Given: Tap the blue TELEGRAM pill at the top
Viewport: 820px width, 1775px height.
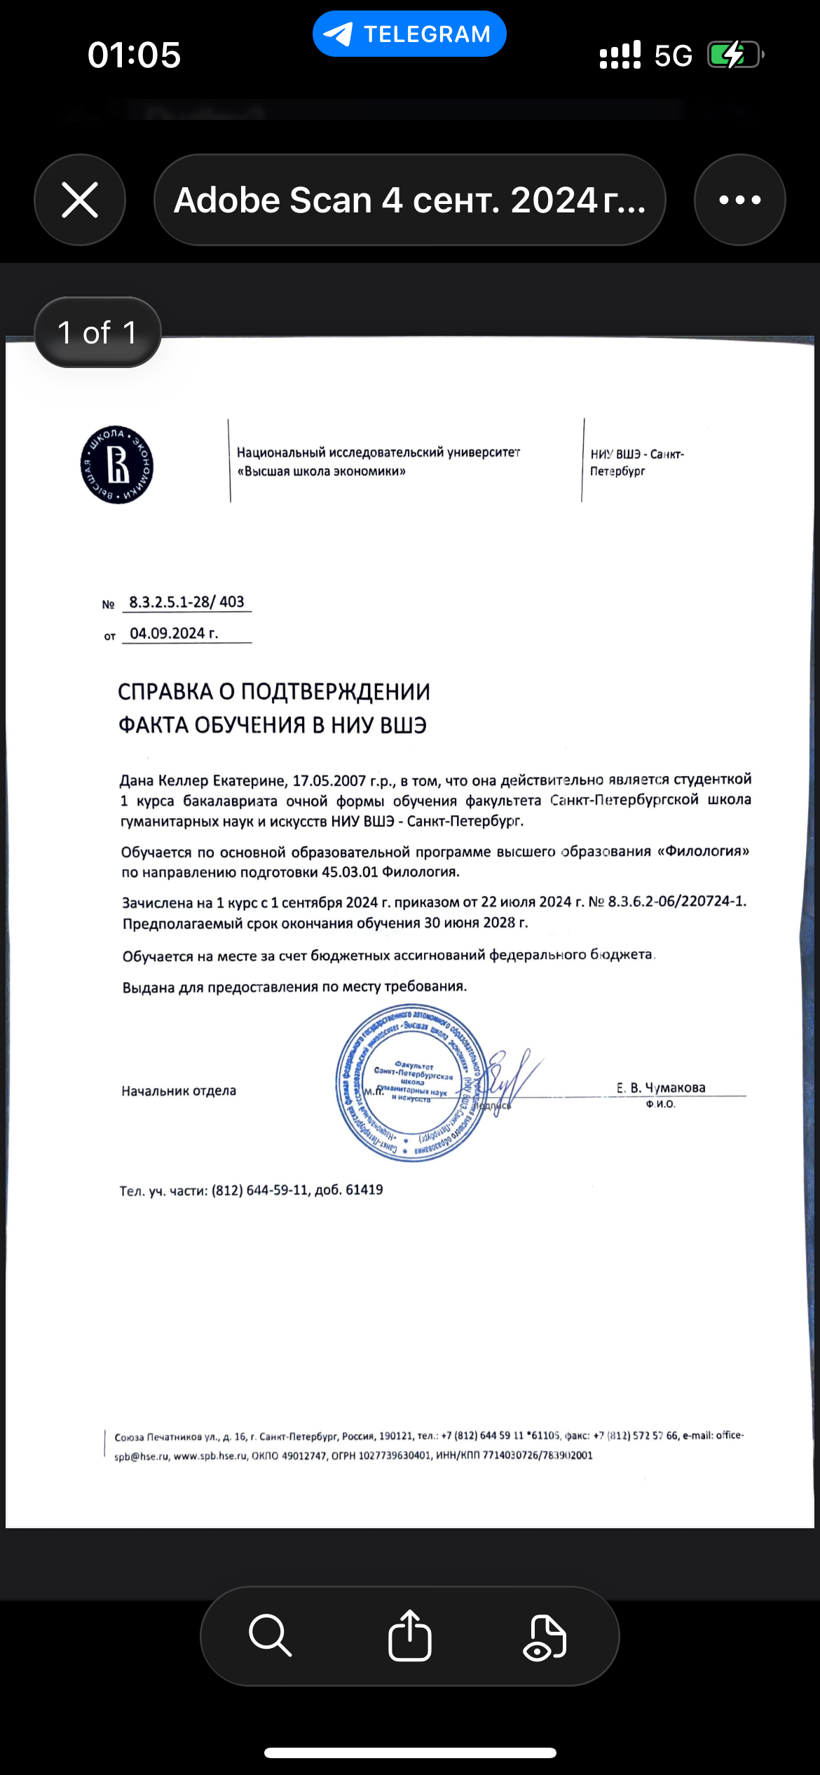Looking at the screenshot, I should (409, 34).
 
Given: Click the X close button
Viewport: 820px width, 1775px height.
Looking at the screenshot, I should (80, 200).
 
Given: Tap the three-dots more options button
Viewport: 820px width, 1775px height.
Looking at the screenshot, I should (739, 200).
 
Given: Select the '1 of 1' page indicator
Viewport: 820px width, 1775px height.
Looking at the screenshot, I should (97, 332).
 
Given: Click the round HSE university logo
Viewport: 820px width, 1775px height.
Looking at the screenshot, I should (117, 465).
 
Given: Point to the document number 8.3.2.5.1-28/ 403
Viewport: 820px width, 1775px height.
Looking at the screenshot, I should (186, 601).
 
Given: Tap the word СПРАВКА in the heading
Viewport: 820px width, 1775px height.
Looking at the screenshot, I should (165, 692).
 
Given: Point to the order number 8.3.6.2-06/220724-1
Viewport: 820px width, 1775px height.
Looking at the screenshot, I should (677, 902).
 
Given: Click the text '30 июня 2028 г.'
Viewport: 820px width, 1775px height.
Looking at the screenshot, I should (476, 923).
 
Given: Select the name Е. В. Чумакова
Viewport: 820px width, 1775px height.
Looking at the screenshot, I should (661, 1087).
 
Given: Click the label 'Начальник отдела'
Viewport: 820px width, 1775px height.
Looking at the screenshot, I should (179, 1091).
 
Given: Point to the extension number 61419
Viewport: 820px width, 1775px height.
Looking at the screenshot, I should (364, 1190).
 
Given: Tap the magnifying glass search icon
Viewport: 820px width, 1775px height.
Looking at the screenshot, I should (270, 1635).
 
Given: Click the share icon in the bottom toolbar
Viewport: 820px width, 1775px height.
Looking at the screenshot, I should (409, 1635).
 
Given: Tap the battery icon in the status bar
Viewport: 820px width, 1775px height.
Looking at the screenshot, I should (734, 55).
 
